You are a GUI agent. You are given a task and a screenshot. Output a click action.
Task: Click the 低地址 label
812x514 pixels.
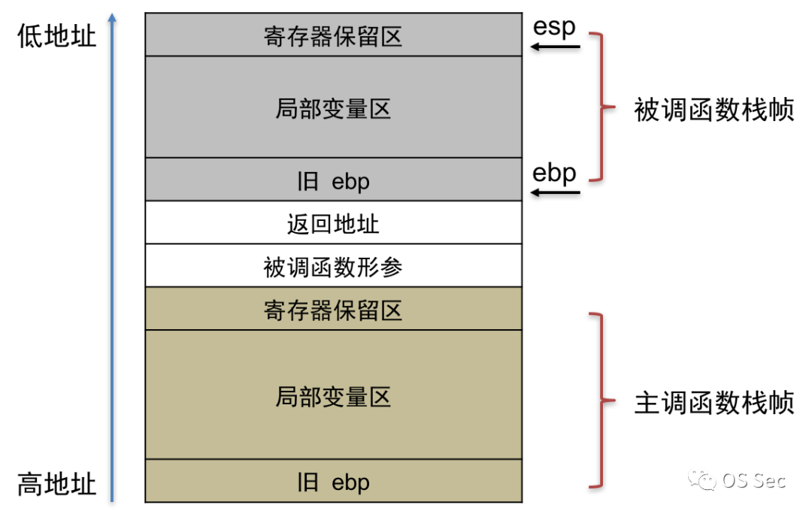57,35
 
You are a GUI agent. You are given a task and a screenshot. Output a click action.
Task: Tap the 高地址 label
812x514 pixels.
57,483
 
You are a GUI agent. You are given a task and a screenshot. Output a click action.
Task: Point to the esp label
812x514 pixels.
554,27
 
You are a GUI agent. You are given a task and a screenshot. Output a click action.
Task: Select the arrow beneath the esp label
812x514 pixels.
556,47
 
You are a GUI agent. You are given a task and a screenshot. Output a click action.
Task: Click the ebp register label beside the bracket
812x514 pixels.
554,173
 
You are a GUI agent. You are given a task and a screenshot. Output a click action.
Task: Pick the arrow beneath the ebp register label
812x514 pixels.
556,193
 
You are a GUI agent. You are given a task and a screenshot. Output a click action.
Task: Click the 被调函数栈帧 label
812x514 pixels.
714,110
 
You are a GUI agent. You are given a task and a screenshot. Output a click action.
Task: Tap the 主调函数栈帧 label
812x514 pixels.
714,403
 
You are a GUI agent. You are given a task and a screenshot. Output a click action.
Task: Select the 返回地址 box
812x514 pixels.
333,222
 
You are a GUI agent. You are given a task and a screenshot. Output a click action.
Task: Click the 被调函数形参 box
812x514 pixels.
333,265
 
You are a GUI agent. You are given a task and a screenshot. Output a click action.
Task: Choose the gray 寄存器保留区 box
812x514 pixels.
333,35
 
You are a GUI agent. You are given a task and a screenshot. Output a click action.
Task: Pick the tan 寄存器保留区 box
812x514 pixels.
333,309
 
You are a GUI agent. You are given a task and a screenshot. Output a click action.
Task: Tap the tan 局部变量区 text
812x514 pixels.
333,396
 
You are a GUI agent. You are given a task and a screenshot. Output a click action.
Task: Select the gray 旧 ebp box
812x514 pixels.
333,180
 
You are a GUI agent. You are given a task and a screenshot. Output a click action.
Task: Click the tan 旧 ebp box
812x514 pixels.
333,481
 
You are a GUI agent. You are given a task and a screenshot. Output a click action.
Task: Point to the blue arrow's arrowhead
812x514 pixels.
112,17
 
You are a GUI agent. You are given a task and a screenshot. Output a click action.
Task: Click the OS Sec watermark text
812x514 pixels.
754,479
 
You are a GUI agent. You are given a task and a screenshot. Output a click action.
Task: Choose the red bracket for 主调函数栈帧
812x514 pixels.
600,400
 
